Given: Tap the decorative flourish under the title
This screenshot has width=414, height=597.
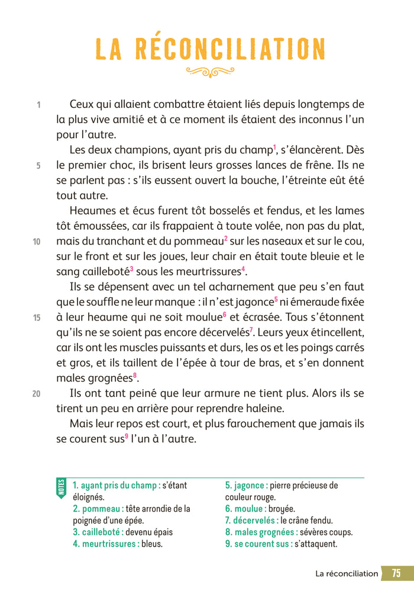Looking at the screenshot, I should (210, 72).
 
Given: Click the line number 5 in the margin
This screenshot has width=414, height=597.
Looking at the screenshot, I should (38, 166).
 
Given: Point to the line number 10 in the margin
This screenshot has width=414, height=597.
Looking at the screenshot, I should (37, 242).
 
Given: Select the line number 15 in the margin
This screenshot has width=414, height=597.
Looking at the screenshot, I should (37, 317).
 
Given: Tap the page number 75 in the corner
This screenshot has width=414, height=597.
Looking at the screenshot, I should (396, 573).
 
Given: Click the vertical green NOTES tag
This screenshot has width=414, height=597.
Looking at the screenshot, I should (62, 488).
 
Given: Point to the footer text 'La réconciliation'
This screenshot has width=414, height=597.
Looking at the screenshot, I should (347, 573).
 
